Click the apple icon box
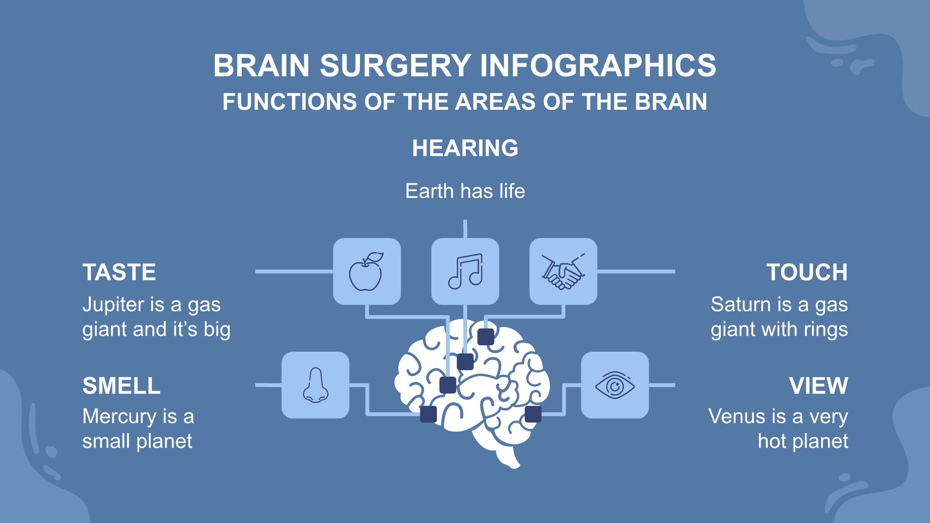point(367,272)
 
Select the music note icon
point(465,272)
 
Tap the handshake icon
point(563,272)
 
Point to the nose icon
point(315,385)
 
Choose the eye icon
point(615,385)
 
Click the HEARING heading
point(465,148)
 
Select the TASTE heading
point(119,272)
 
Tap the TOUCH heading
point(807,272)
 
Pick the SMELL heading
point(121,386)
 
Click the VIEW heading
point(818,386)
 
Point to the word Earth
point(430,191)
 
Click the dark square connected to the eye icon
point(533,414)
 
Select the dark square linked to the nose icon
point(428,414)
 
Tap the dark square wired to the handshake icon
point(486,337)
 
